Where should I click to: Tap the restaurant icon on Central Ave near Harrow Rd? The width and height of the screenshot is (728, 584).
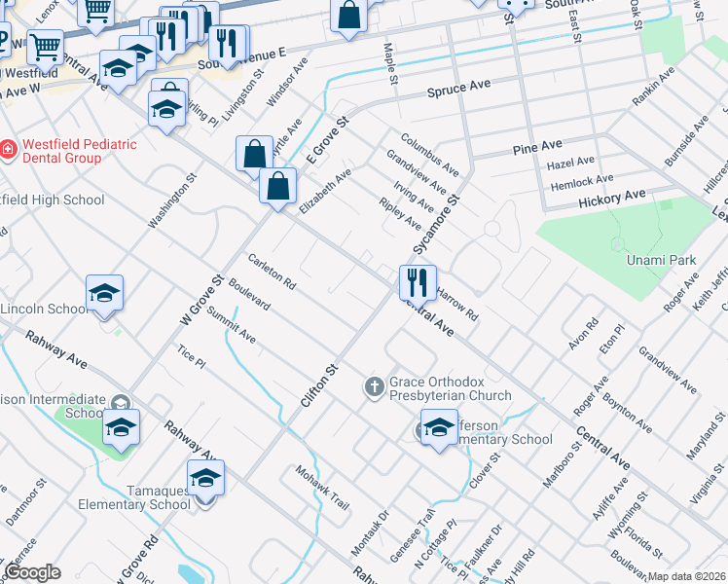[418, 282]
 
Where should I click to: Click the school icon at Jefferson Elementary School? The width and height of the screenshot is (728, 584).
[439, 427]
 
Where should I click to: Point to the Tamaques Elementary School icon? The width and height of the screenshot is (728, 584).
[205, 479]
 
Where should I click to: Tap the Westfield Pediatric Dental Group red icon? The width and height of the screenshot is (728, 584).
[8, 150]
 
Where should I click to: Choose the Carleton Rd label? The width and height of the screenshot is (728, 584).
[272, 274]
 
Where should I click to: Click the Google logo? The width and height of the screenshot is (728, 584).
[32, 572]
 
